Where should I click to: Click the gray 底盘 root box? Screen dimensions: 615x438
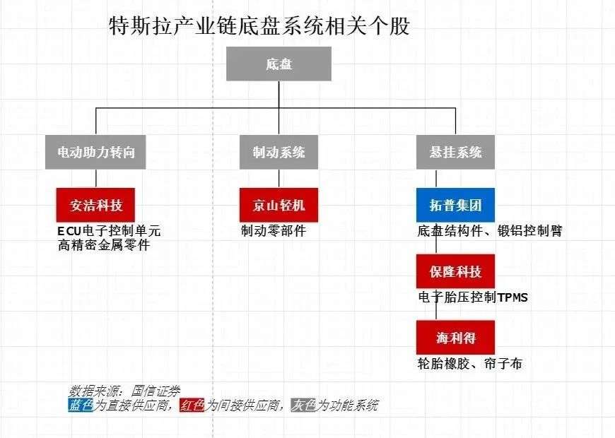(279, 64)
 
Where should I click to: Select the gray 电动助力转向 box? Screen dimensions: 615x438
(95, 152)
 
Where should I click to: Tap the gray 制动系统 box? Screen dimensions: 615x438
(279, 152)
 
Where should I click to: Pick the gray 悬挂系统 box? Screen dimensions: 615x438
(455, 152)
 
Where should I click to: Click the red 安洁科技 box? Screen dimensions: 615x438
(95, 205)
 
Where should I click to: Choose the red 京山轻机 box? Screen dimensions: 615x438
(279, 205)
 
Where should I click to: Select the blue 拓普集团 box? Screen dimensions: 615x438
(455, 205)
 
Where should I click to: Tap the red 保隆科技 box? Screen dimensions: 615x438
(455, 271)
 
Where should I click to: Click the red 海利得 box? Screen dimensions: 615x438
(455, 338)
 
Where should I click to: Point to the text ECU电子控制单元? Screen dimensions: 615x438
(109, 230)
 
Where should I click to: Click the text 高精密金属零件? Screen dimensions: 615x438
(104, 245)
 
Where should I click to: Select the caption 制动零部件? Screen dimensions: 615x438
(274, 230)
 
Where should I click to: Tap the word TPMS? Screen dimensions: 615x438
(512, 297)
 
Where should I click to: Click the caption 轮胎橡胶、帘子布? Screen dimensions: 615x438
(470, 364)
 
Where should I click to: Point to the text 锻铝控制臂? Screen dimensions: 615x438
(530, 230)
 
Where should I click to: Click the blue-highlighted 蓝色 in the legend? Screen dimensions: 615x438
(81, 405)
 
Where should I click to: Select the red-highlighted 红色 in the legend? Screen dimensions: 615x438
(192, 405)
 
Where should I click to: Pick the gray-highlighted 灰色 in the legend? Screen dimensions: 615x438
(303, 405)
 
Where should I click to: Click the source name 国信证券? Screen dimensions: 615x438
(156, 391)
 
